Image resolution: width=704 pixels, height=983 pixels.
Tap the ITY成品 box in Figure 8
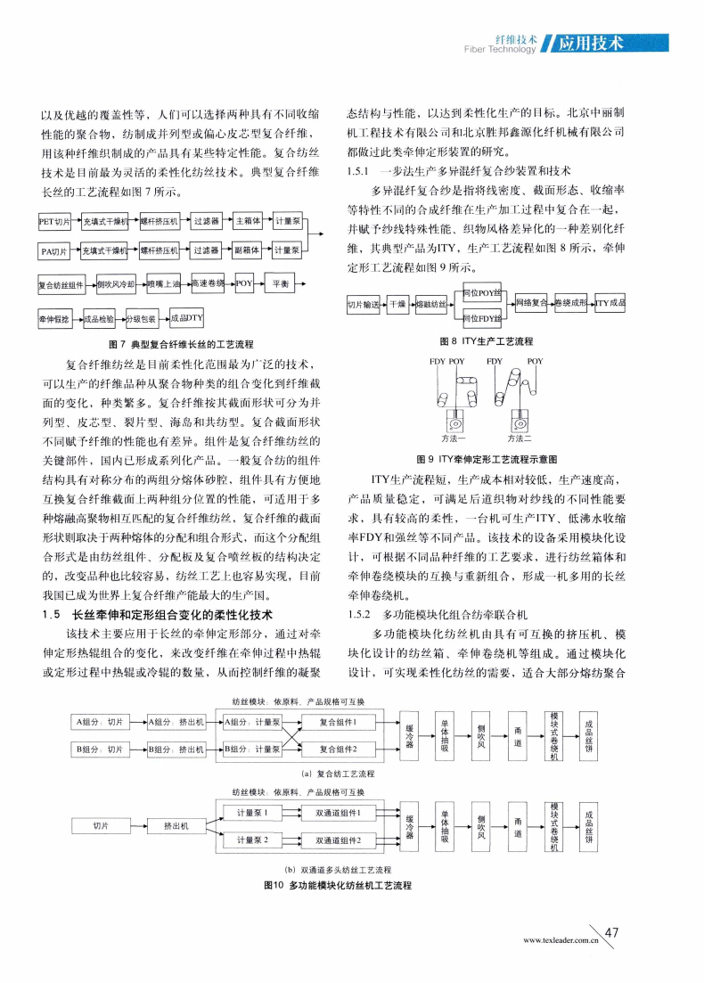612,305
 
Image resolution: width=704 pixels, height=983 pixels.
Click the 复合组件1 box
339,723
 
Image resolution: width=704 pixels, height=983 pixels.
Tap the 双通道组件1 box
339,813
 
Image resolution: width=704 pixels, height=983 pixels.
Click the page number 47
611,934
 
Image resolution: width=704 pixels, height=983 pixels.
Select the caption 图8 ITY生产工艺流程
487,341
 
